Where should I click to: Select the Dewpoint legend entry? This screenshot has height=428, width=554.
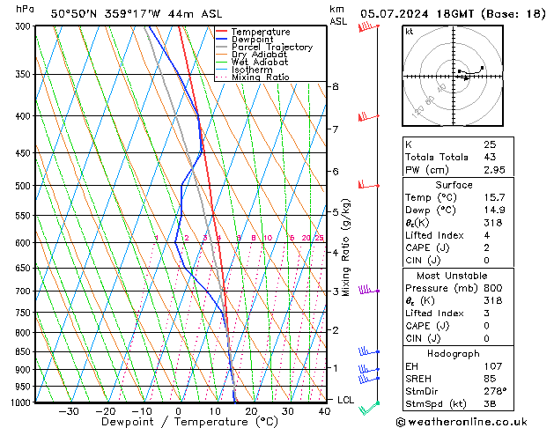(256, 40)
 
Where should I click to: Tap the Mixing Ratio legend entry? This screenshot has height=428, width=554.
(261, 77)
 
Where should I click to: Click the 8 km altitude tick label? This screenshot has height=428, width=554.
(335, 86)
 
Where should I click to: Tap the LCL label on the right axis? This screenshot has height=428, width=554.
(346, 400)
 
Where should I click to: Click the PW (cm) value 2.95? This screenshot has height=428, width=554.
(493, 169)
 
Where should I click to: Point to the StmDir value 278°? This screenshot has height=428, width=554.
(494, 390)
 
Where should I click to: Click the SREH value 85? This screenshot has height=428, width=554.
(489, 379)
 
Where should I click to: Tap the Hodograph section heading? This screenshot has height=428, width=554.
(453, 353)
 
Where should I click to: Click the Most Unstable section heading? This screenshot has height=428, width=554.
(453, 275)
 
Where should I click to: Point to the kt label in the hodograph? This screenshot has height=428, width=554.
(410, 31)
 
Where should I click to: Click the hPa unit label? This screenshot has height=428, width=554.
(26, 9)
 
